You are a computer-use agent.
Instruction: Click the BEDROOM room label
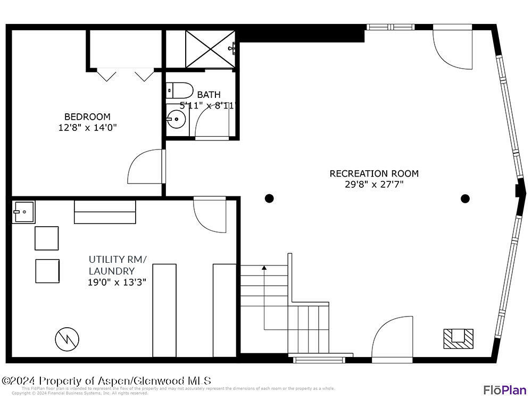coord(87,117)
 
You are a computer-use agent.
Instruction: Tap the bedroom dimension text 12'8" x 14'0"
coord(87,127)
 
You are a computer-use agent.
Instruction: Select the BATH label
coord(209,95)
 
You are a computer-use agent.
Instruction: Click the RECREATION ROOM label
coord(374,173)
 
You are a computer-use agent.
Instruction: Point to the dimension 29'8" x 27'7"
coord(374,185)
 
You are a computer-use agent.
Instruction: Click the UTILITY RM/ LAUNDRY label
coord(117,265)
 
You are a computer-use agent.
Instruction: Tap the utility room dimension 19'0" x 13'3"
coord(117,282)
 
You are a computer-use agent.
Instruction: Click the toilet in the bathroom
coord(180,90)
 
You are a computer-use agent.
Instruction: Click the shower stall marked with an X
coord(210,49)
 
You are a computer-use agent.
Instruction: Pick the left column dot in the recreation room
coord(269,198)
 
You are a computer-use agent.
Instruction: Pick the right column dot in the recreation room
coord(465,198)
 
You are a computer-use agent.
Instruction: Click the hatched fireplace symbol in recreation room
coord(458,338)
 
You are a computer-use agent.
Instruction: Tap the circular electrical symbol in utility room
coord(67,338)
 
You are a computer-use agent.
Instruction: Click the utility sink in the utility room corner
coord(23,212)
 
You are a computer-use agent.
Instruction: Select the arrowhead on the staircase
coord(264,268)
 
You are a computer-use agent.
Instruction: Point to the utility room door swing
coord(210,215)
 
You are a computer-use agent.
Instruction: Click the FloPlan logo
coord(504,390)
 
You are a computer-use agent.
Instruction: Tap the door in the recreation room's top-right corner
coord(452,48)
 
